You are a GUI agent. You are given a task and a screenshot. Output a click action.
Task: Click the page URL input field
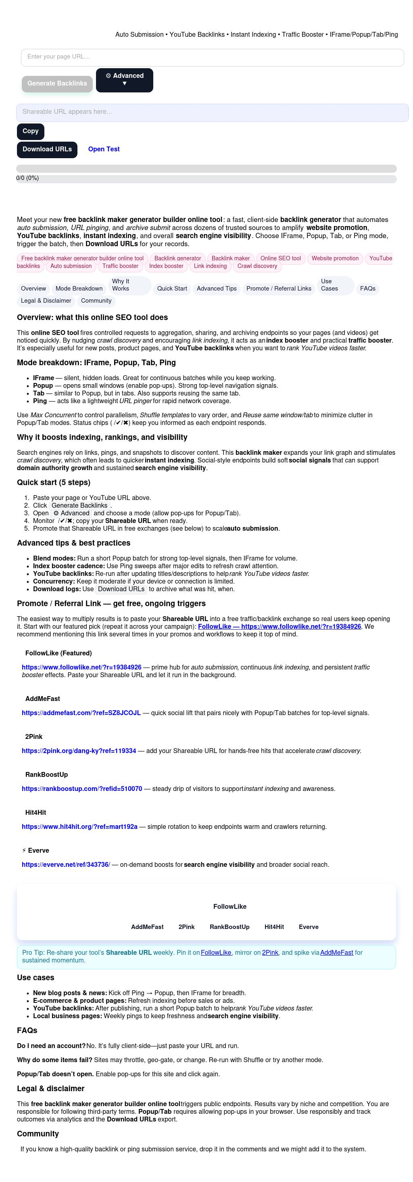212,57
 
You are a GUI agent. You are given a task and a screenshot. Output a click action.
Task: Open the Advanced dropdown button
124,80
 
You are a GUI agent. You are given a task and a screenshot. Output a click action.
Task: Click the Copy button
31,131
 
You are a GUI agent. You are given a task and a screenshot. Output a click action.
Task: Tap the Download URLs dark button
47,150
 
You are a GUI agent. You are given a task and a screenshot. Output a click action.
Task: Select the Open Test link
104,149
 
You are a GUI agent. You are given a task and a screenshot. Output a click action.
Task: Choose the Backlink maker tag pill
231,258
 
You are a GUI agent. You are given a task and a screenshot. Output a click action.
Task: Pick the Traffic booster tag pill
120,266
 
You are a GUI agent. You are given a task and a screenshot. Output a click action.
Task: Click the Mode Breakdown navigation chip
79,289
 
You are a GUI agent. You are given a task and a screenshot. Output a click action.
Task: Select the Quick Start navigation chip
172,289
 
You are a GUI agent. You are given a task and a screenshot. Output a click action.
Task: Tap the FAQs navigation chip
367,289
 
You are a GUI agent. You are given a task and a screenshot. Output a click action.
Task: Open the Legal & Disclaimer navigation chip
46,301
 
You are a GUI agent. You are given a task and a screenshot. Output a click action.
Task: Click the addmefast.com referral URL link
81,713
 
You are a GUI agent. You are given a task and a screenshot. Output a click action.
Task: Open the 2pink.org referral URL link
79,751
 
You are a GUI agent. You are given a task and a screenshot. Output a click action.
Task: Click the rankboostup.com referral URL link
81,789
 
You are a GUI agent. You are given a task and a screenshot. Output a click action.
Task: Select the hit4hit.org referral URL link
79,827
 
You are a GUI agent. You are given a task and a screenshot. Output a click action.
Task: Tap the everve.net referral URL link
66,865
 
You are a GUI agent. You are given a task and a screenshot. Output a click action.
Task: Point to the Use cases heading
35,978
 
